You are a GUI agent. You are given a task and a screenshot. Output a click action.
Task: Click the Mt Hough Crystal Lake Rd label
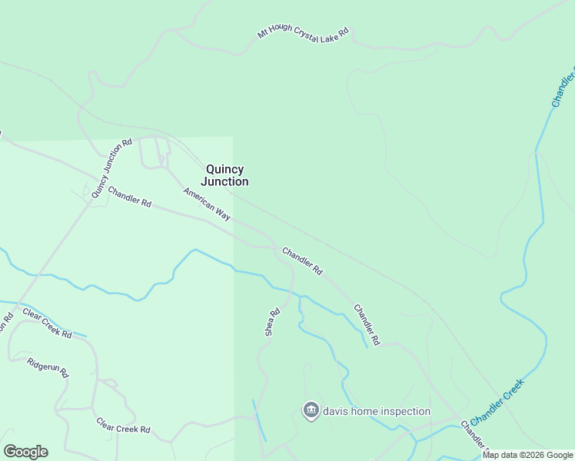303,35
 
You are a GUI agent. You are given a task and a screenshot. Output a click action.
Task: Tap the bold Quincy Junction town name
224,175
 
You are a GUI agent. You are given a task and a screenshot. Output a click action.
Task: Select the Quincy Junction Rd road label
112,168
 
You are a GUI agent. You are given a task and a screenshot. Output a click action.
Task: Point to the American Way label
207,204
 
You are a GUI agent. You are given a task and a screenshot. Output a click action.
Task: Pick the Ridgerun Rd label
48,366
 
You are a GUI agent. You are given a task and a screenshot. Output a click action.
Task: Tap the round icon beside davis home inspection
311,411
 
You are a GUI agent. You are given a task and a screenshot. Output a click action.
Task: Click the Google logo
25,452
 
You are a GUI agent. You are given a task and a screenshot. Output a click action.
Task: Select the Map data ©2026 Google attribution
527,455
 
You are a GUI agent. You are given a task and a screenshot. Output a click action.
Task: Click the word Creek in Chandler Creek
511,390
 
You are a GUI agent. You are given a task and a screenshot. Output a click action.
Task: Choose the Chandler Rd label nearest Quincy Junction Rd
129,196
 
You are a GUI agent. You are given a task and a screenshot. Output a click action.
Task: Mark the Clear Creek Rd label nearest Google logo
123,425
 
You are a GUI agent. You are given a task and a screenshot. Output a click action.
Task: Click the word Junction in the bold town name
224,182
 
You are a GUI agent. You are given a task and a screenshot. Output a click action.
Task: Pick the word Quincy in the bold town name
224,169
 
